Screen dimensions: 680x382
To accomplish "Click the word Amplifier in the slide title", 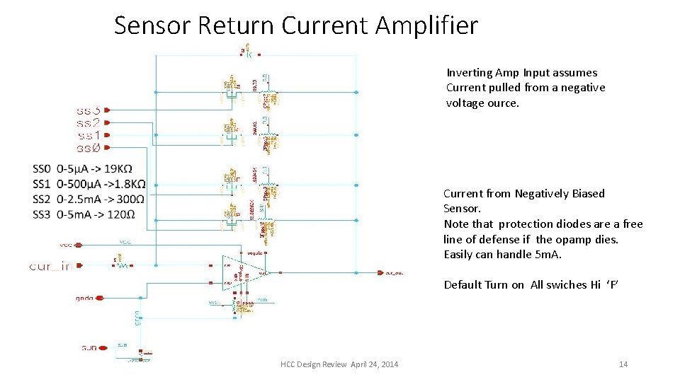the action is [427, 26].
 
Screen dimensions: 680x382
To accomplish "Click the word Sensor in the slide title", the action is [152, 26].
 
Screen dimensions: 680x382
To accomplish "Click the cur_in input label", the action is [50, 266].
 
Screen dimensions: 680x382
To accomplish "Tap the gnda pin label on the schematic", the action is [84, 299].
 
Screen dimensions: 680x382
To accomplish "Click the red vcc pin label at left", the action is [65, 245].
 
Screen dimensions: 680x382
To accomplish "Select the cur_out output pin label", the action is [394, 272].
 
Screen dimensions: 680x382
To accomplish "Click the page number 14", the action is [623, 364].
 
